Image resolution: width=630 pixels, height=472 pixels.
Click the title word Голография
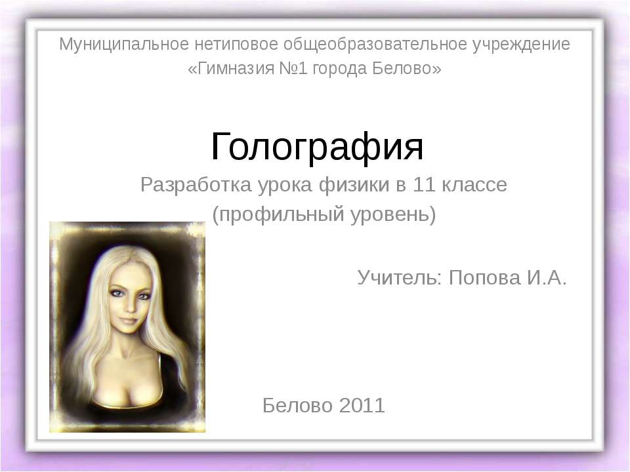(x=317, y=147)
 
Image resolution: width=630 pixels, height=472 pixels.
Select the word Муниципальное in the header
(x=124, y=45)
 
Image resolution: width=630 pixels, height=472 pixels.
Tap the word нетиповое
(x=236, y=45)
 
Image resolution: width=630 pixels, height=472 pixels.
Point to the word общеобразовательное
(x=375, y=45)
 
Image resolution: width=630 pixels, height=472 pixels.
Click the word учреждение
(x=522, y=45)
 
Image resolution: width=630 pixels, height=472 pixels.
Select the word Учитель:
(x=400, y=277)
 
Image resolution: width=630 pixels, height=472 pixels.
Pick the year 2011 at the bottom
(x=362, y=405)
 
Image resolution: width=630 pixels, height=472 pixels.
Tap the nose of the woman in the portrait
(x=129, y=306)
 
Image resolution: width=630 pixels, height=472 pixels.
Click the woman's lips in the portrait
(x=129, y=321)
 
